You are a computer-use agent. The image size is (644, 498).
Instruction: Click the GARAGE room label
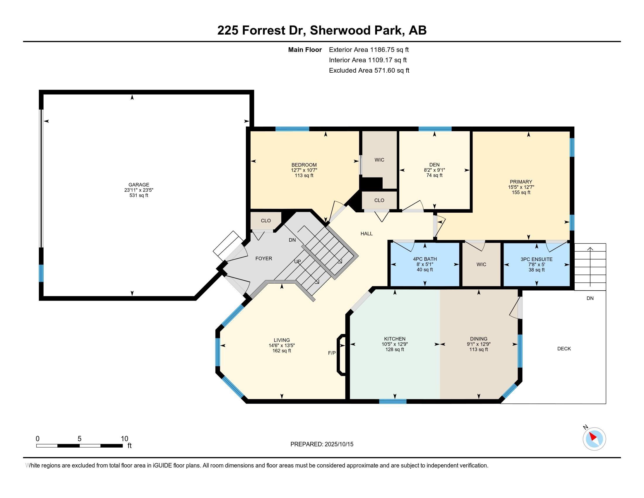(138, 185)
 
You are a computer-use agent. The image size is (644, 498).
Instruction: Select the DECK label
(564, 349)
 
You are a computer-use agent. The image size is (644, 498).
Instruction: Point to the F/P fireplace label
(332, 353)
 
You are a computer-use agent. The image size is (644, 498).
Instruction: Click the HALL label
(366, 234)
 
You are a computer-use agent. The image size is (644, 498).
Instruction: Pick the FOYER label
(264, 258)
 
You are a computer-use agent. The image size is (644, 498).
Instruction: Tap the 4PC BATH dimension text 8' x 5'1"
(425, 264)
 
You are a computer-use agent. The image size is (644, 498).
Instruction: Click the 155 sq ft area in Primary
(521, 192)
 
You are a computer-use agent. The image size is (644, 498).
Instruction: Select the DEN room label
(434, 165)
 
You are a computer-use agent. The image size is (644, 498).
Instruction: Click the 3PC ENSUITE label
(537, 259)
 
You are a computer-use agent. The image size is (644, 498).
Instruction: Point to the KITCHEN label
(395, 339)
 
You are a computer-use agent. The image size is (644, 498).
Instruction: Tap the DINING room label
(479, 339)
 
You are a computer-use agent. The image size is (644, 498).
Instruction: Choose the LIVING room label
(282, 340)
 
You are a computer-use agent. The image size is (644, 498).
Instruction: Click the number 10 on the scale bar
(125, 439)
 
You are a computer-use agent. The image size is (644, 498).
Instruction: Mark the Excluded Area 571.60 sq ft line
(369, 71)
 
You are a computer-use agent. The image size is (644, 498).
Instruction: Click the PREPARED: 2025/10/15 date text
(322, 444)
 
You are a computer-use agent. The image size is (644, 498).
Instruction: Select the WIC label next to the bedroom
(379, 160)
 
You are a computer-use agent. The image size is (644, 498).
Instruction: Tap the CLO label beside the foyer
(266, 221)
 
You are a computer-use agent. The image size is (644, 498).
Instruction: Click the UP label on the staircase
(297, 261)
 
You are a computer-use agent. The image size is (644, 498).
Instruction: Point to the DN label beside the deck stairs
(590, 298)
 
